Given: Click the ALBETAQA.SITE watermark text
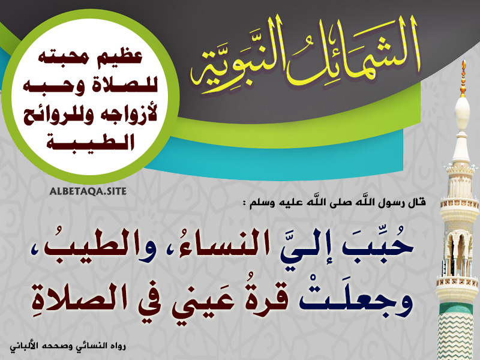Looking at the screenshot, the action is pos(88,191).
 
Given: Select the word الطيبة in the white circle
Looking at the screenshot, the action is pos(91,141).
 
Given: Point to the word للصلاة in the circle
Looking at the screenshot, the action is pos(123,85).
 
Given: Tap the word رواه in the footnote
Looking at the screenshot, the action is pos(117,347).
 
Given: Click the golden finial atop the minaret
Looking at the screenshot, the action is pos(463,78).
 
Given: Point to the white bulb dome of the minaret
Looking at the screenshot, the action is pos(463,113).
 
